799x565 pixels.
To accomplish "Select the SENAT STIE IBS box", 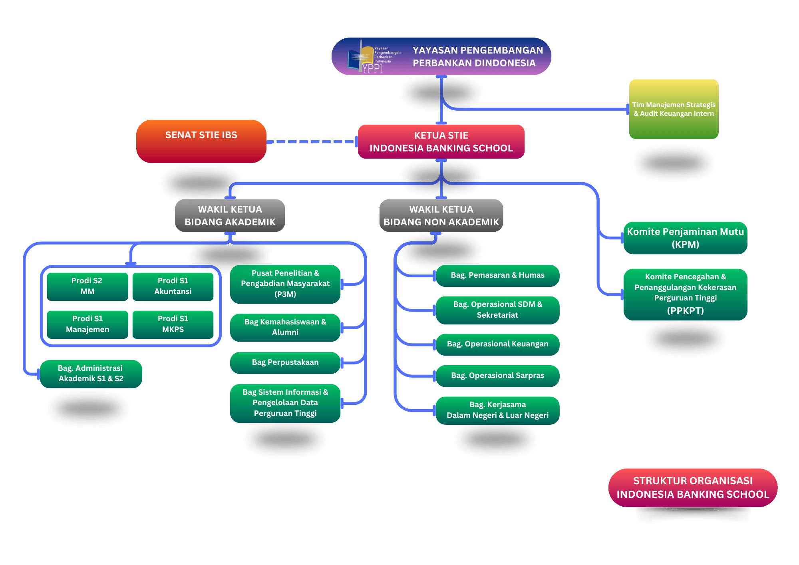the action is pyautogui.click(x=201, y=141).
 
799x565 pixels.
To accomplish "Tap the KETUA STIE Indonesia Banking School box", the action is pyautogui.click(x=441, y=141).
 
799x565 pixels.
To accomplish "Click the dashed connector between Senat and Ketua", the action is pyautogui.click(x=312, y=141).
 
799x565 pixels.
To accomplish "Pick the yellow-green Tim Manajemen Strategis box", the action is pyautogui.click(x=674, y=109).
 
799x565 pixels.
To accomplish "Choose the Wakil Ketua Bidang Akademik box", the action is pyautogui.click(x=230, y=215).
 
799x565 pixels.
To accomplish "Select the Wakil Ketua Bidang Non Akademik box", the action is pyautogui.click(x=441, y=215).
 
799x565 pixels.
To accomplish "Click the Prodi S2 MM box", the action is pyautogui.click(x=87, y=286).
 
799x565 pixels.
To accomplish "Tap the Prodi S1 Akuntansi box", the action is pyautogui.click(x=173, y=286).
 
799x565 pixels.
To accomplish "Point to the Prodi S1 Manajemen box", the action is pyautogui.click(x=87, y=324).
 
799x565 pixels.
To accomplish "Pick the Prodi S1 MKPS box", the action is pyautogui.click(x=173, y=324).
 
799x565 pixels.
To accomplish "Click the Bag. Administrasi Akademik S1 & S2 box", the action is pyautogui.click(x=91, y=374).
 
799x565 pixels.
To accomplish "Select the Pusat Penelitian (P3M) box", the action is pyautogui.click(x=285, y=284).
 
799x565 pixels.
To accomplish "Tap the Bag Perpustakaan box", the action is pyautogui.click(x=285, y=362).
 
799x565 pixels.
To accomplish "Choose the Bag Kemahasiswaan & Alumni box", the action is pyautogui.click(x=285, y=327).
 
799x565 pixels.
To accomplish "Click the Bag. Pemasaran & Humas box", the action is pyautogui.click(x=497, y=275).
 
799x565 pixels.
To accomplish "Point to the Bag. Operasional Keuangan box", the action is pyautogui.click(x=497, y=344).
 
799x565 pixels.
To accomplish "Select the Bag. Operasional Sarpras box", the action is pyautogui.click(x=497, y=376).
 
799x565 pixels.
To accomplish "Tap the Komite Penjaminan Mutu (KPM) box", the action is pyautogui.click(x=685, y=238).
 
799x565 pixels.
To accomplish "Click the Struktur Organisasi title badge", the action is pyautogui.click(x=693, y=487).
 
